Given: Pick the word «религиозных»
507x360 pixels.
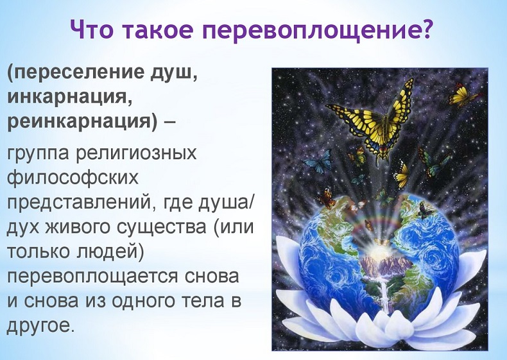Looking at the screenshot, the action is pyautogui.click(x=136, y=153).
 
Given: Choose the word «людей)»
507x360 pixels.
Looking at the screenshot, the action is pyautogui.click(x=109, y=252).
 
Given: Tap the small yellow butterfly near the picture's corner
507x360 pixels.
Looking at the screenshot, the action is pyautogui.click(x=463, y=95).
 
